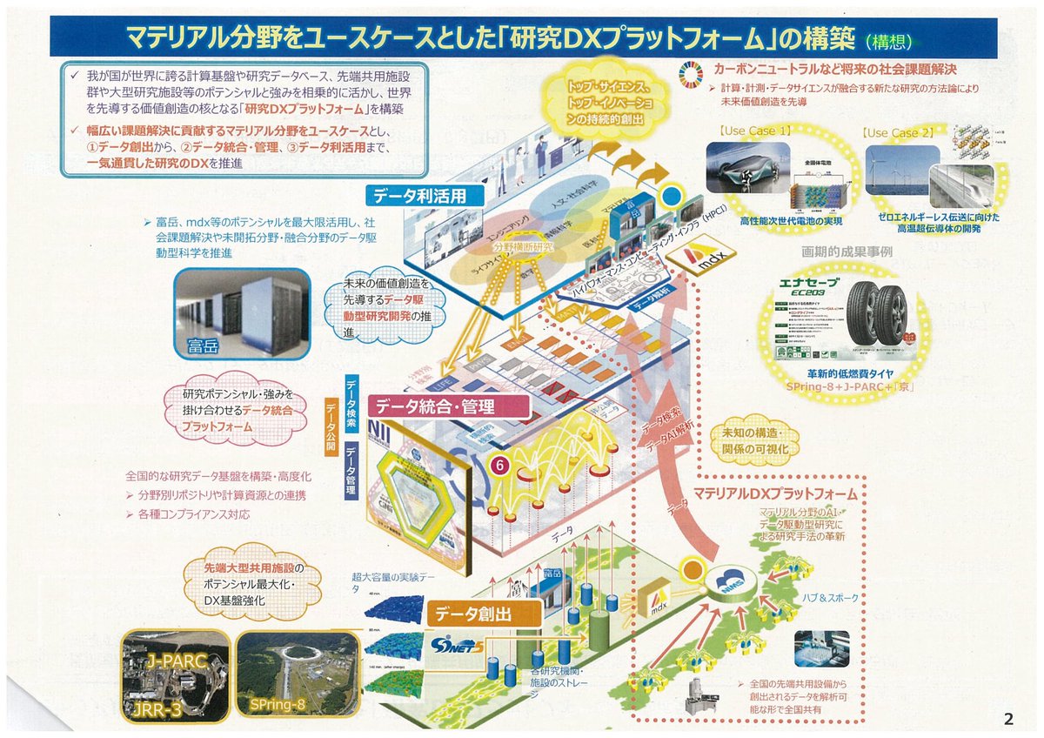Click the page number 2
click(1007, 719)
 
